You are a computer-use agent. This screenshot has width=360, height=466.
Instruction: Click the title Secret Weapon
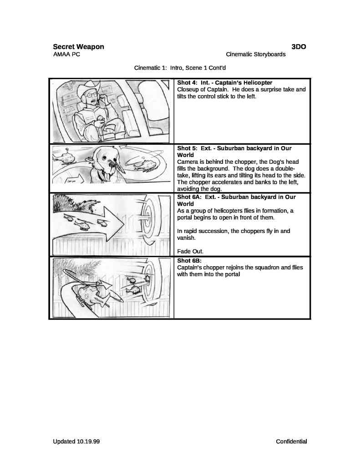tap(78, 46)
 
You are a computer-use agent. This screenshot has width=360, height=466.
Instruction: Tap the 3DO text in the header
tap(299, 46)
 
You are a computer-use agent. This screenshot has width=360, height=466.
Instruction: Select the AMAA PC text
tap(67, 55)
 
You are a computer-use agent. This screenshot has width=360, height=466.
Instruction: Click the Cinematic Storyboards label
tap(255, 55)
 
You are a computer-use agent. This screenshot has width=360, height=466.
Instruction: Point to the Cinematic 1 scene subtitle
tap(180, 68)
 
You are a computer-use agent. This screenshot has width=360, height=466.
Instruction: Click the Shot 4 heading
tap(224, 83)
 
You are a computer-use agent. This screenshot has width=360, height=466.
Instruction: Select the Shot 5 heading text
tap(234, 152)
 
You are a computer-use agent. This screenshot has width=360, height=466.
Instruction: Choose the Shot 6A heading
tap(236, 200)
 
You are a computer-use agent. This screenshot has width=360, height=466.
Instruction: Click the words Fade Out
tap(190, 251)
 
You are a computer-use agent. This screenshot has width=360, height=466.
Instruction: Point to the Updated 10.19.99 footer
tap(76, 441)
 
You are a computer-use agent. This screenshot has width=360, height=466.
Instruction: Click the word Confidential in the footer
tap(291, 441)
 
